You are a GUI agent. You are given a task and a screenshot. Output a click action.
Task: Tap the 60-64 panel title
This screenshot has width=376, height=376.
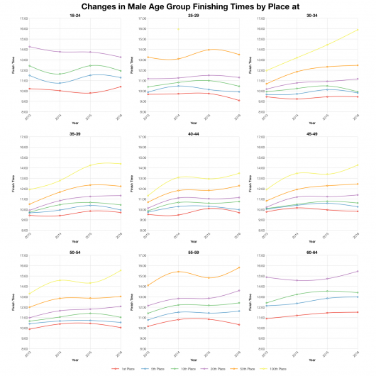tap(312, 252)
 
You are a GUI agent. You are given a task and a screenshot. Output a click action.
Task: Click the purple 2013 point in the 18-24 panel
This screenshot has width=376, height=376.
tap(29, 47)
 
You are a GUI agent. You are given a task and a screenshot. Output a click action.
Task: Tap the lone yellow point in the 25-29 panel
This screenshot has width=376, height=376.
tap(179, 29)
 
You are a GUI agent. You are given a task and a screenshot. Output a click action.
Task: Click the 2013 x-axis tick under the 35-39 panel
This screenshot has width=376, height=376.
tap(28, 235)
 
